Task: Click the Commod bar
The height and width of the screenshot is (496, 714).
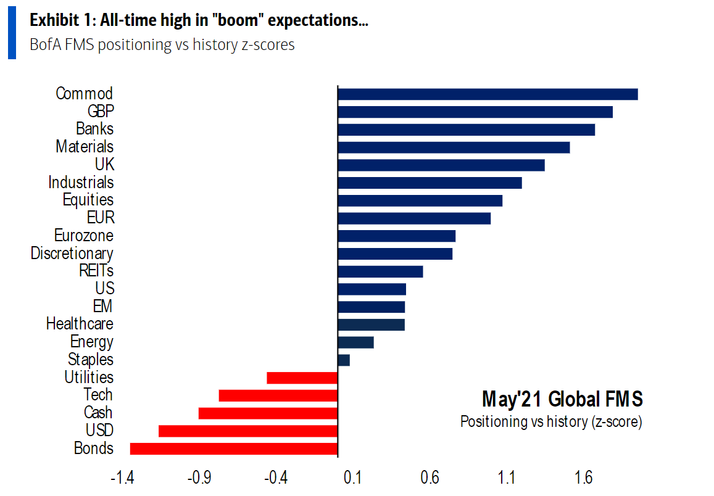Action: click(488, 94)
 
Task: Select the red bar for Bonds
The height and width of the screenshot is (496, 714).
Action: click(234, 448)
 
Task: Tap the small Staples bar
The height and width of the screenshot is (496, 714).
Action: click(344, 360)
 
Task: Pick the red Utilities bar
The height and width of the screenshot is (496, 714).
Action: click(302, 378)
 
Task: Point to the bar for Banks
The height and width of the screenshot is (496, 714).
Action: click(466, 130)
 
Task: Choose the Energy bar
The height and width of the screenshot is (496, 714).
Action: click(355, 342)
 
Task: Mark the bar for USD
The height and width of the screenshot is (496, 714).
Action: click(248, 431)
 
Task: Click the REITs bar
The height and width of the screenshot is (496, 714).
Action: click(380, 271)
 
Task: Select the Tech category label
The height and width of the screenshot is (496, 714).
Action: click(98, 395)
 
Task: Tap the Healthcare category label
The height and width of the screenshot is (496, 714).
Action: click(80, 323)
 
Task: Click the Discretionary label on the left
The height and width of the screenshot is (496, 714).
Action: click(72, 253)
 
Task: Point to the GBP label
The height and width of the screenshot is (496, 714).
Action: click(101, 111)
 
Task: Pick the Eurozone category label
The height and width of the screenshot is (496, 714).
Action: click(84, 236)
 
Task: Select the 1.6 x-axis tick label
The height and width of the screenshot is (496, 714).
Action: click(584, 477)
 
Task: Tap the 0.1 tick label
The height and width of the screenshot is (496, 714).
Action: click(352, 477)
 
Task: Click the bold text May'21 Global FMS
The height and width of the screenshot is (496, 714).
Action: click(562, 399)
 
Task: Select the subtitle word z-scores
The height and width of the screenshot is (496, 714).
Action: click(266, 45)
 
